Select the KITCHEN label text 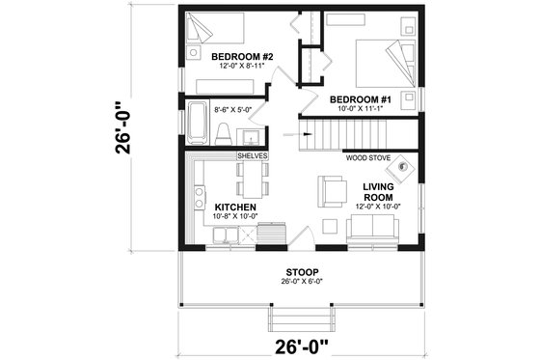click(x=234, y=207)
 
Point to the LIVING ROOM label click(x=380, y=193)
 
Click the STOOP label click(x=303, y=272)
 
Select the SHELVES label click(x=253, y=154)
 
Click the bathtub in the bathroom click(x=196, y=123)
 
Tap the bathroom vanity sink click(x=247, y=133)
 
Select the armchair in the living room click(x=333, y=190)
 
